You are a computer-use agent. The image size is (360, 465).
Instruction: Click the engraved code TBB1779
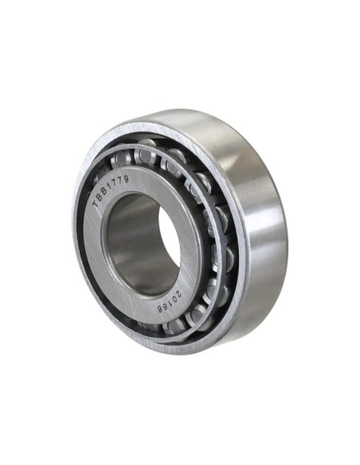click(x=111, y=192)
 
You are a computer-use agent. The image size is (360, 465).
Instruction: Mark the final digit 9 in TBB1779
click(x=126, y=179)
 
